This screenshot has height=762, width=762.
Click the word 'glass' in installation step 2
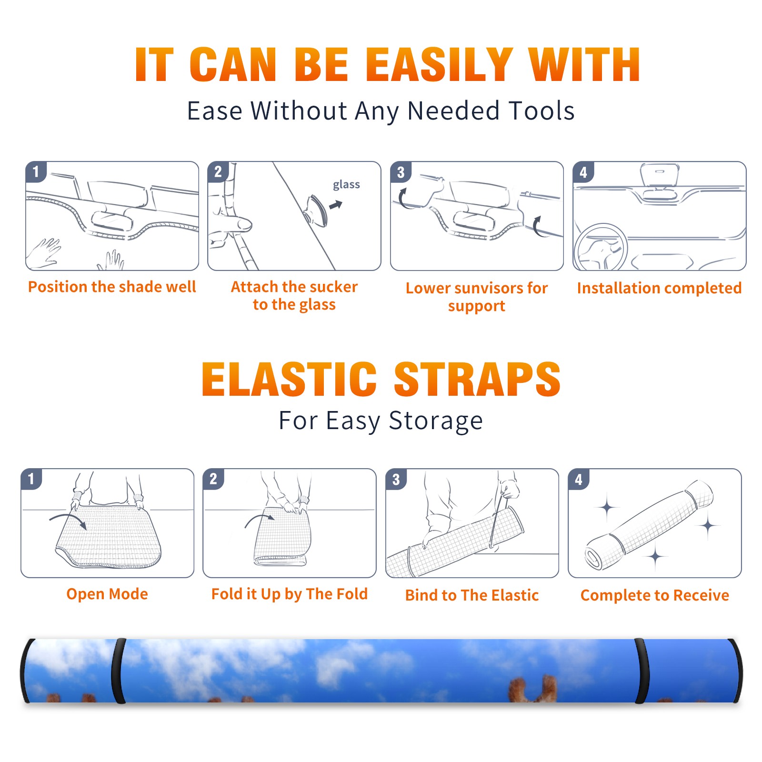point(346,184)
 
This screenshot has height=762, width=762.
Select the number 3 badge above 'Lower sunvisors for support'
point(401,172)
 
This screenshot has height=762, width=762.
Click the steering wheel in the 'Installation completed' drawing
point(600,248)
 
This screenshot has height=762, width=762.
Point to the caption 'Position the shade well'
point(112,287)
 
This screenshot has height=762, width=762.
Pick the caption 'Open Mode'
point(107,594)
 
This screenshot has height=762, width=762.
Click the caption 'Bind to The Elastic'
point(472,595)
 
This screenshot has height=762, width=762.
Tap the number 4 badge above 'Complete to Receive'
point(579,480)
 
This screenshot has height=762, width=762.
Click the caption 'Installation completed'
point(659,288)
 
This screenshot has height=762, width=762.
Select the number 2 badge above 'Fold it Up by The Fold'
point(213,479)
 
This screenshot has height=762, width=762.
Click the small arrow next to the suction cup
point(336,205)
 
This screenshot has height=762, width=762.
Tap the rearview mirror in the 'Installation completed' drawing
point(660,175)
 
